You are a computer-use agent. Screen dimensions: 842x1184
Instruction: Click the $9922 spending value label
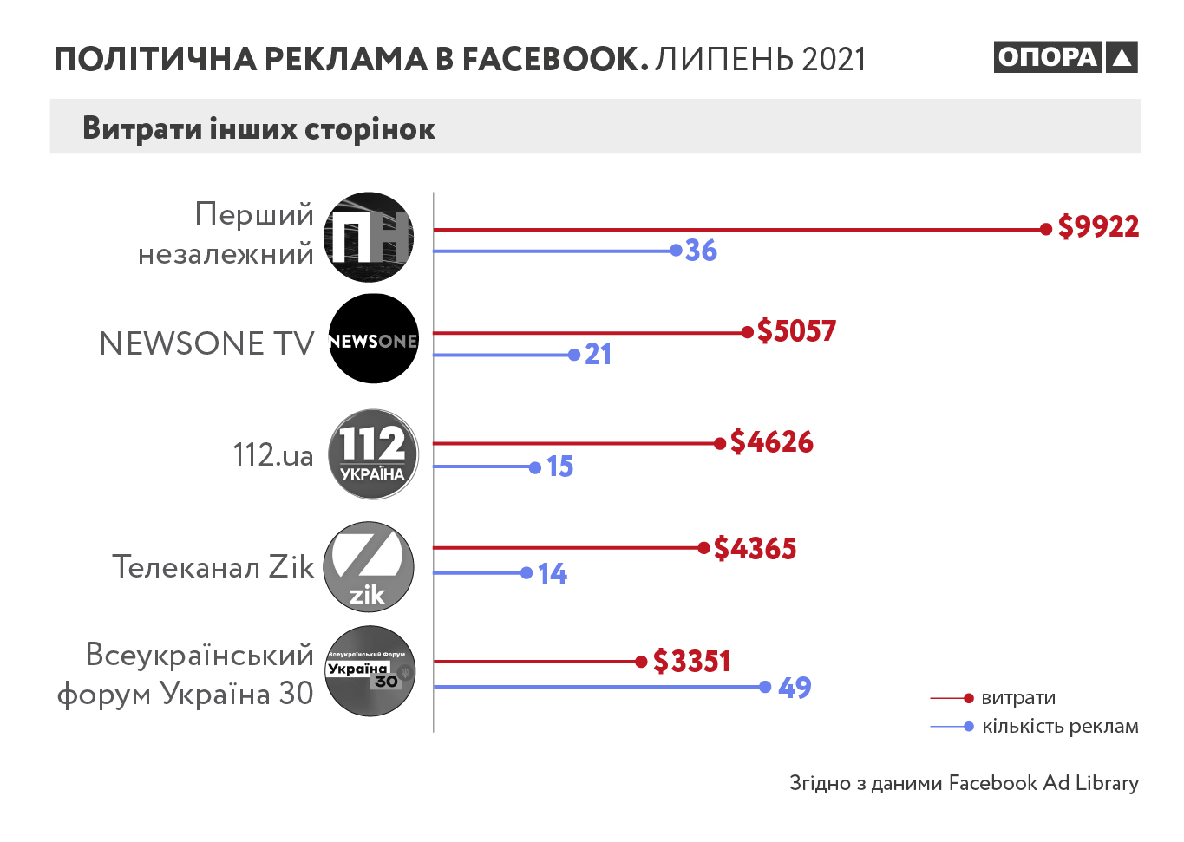pos(1098,227)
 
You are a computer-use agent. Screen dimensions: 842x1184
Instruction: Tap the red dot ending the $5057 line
pos(748,332)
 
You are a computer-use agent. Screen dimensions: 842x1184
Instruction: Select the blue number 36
pos(701,251)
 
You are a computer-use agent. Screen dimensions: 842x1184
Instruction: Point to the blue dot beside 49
pos(765,687)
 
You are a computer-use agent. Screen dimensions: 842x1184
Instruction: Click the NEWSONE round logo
pos(374,339)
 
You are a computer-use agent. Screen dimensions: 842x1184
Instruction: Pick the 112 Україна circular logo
pos(373,454)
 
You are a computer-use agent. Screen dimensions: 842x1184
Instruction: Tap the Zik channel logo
pos(369,567)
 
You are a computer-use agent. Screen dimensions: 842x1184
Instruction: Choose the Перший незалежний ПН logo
pos(369,237)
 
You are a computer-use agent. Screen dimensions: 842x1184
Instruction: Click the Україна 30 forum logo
pos(370,671)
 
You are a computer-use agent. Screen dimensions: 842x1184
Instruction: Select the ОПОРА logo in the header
pos(1065,57)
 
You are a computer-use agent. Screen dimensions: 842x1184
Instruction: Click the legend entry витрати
pos(1018,698)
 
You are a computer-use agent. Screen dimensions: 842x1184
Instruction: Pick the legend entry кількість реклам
pos(1059,727)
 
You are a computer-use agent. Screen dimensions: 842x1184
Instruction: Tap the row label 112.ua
pos(273,455)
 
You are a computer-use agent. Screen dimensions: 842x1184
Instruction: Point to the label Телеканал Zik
pos(213,567)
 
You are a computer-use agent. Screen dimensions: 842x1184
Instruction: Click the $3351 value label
pos(691,662)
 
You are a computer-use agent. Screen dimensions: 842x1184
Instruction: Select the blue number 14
pos(553,574)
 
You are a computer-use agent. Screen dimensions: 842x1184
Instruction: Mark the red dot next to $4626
pos(720,444)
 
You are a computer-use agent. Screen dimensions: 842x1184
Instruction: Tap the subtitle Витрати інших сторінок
pos(258,128)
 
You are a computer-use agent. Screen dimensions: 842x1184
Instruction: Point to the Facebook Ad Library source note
pos(964,783)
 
